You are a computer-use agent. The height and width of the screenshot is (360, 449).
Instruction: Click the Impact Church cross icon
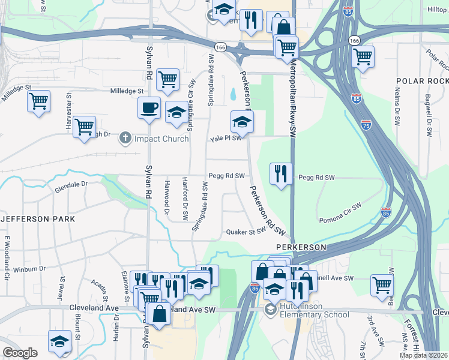pyautogui.click(x=125, y=139)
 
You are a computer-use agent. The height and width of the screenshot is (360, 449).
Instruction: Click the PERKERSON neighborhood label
pyautogui.click(x=301, y=247)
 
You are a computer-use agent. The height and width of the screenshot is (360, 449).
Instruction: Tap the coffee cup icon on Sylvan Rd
pyautogui.click(x=148, y=109)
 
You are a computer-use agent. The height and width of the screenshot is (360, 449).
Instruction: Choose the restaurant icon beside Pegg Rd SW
pyautogui.click(x=281, y=174)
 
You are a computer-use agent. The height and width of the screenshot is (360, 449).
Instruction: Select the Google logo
pyautogui.click(x=20, y=353)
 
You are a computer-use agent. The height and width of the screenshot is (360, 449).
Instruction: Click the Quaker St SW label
pyautogui.click(x=246, y=232)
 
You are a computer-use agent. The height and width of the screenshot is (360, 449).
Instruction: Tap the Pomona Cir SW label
pyautogui.click(x=340, y=206)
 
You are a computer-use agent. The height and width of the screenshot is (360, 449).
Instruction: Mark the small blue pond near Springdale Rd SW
pyautogui.click(x=232, y=94)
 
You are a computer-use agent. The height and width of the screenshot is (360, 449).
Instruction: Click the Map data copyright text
pyautogui.click(x=424, y=355)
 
